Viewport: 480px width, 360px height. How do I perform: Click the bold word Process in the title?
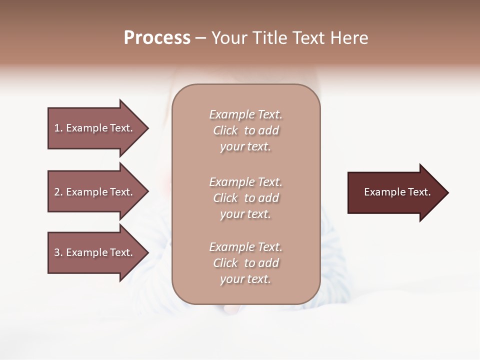[x=157, y=38]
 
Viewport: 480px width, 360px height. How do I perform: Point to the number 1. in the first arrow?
[x=58, y=128]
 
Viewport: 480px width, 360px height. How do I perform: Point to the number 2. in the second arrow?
[x=58, y=192]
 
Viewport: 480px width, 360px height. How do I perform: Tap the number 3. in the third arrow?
[x=58, y=252]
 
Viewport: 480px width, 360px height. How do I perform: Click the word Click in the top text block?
[x=225, y=131]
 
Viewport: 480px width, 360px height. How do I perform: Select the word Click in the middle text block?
[x=225, y=198]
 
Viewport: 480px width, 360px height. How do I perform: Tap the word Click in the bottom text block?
[x=225, y=263]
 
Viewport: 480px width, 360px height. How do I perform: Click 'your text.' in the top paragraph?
[x=245, y=147]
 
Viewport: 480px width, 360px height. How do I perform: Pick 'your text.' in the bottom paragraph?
[x=245, y=279]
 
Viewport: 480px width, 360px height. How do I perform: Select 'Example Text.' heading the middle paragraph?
[x=245, y=182]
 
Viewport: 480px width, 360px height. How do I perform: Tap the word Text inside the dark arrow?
[x=419, y=192]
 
